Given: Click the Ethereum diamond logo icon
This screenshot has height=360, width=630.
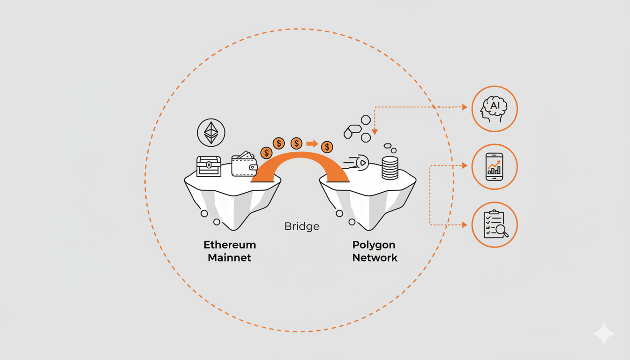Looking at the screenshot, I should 211,133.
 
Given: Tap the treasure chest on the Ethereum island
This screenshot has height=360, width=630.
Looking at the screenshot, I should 209,166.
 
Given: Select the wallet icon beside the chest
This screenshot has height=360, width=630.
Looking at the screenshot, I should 244,164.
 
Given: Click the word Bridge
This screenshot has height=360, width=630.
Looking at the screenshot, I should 302,227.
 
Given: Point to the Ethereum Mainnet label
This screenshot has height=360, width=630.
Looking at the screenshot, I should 230,251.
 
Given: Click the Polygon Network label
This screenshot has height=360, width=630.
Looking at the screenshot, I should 375,251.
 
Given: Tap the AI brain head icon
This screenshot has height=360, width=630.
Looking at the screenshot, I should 494,109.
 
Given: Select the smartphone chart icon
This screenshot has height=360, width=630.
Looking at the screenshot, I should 494,167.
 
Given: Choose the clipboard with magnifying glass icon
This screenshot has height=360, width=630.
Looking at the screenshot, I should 494,225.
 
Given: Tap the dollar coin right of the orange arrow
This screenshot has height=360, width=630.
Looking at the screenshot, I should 327,147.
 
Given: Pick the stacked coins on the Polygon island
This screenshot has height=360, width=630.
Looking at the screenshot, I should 390,168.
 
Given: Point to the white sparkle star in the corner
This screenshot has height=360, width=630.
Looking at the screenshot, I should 603,334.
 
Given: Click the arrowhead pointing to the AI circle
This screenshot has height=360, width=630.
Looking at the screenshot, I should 465,107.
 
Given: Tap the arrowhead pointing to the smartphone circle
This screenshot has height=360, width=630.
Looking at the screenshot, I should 465,165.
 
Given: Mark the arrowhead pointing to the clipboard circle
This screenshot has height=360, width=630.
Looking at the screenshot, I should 465,225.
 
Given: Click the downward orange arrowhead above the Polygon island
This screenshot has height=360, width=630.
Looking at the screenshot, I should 375,132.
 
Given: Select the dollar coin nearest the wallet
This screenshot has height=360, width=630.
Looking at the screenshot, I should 266,152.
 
